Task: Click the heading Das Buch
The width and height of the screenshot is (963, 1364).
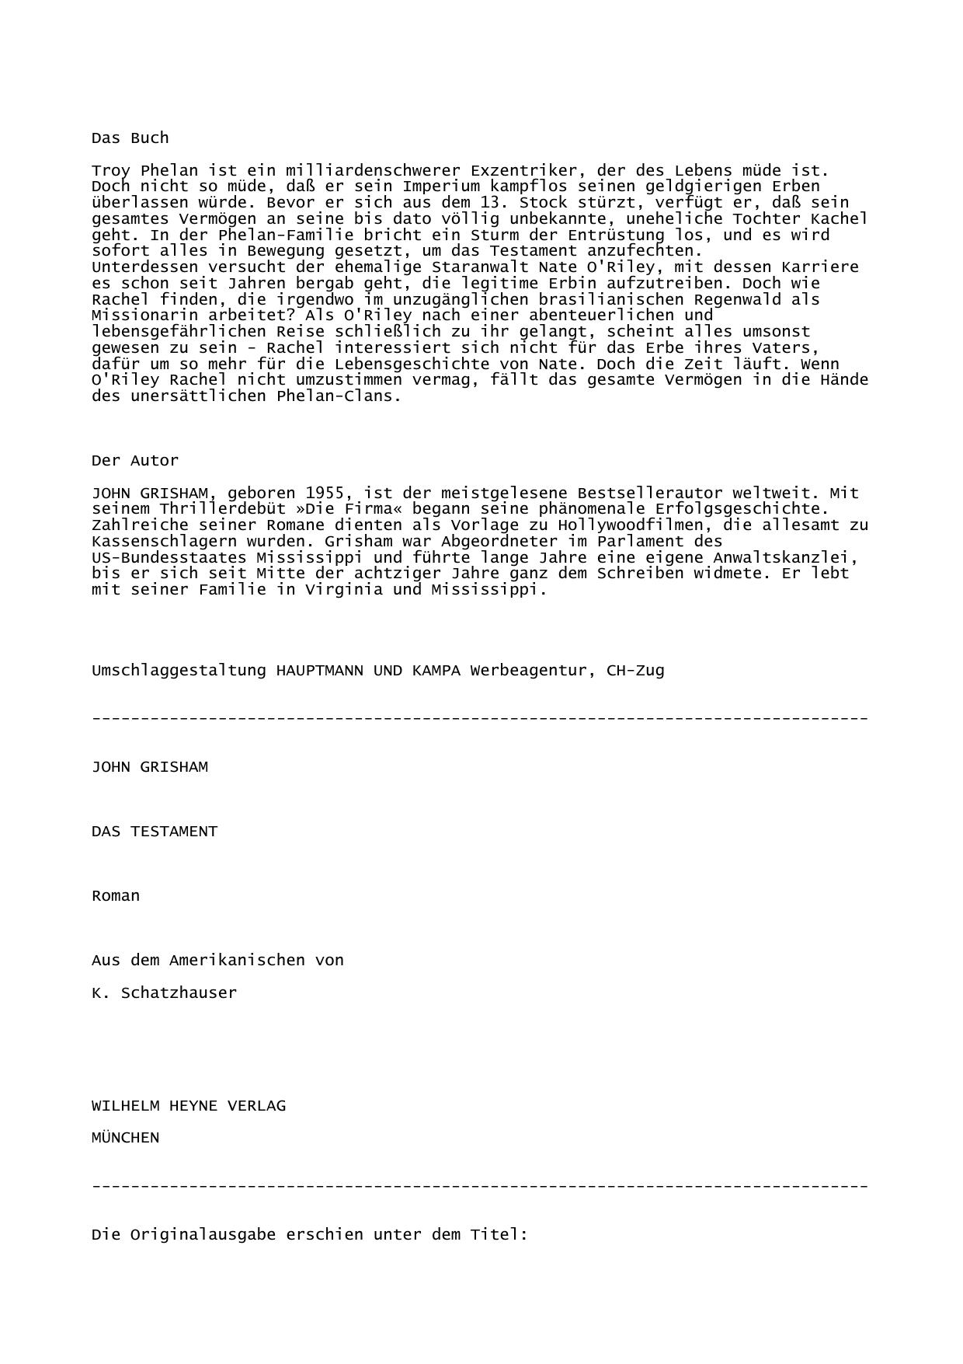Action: tap(130, 138)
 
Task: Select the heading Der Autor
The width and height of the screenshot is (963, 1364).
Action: tap(135, 461)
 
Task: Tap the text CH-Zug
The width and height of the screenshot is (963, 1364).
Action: tap(635, 671)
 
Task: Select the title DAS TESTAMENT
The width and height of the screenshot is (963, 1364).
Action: tap(155, 832)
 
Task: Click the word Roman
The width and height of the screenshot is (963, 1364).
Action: tap(116, 896)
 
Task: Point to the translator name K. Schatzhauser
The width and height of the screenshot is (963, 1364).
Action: tap(164, 993)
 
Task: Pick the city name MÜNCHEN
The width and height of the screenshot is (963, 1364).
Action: tap(125, 1138)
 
